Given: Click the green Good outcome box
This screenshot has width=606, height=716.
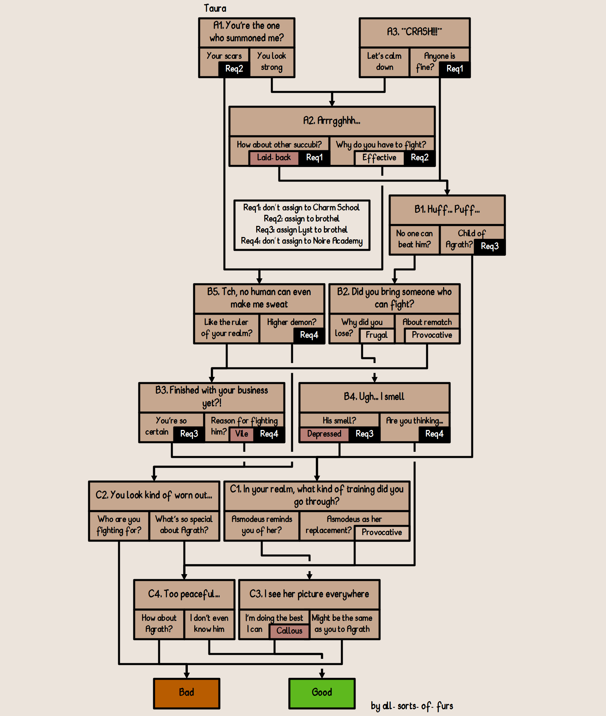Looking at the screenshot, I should tap(322, 693).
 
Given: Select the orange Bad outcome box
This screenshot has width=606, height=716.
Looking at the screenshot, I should tap(187, 693).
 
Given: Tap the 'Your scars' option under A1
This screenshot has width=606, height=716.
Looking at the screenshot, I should tap(224, 56).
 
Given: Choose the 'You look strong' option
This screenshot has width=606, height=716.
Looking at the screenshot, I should tap(271, 62).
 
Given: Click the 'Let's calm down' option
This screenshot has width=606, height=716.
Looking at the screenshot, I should tap(384, 62).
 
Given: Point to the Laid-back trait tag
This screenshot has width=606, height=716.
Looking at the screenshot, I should tap(274, 158).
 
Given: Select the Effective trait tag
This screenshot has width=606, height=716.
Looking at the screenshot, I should tap(379, 158).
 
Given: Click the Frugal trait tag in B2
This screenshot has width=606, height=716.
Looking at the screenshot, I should tap(376, 335).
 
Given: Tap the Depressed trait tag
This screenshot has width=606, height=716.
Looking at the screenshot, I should tap(324, 434).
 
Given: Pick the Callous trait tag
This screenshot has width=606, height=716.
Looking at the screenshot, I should tap(289, 631).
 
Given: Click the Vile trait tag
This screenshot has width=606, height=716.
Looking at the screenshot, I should tap(241, 434).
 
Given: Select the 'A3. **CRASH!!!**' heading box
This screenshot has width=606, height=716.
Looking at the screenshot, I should tap(414, 32).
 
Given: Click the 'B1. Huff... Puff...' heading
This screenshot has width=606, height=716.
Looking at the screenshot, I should tap(447, 209).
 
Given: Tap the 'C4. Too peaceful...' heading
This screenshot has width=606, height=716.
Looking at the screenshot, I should tap(184, 594).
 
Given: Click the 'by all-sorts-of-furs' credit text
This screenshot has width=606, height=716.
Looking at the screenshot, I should tap(412, 706).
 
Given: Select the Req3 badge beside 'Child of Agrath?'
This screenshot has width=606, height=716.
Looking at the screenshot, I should tap(490, 246).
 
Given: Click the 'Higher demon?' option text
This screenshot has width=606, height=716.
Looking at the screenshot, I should tap(291, 322).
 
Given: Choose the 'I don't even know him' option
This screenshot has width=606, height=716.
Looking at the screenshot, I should tap(209, 624).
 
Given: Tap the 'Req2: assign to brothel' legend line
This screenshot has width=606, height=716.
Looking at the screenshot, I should tap(302, 219).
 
